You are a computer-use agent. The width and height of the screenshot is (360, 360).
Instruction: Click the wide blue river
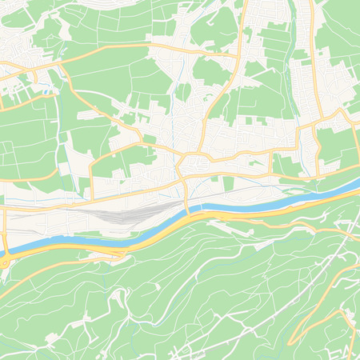240,210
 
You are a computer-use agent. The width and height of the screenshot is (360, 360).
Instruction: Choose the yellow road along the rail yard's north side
120,196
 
